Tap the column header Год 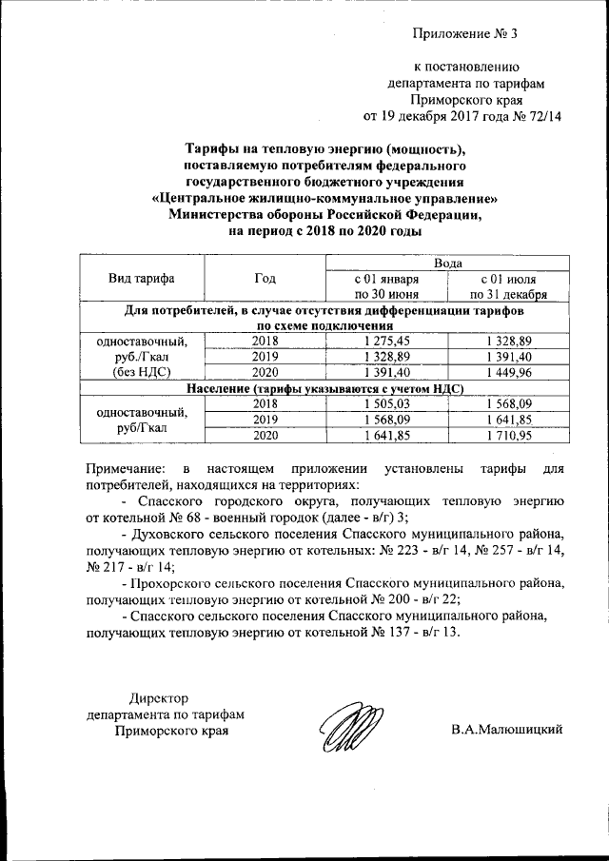[265, 279]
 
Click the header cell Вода [449, 263]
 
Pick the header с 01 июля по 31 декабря [511, 287]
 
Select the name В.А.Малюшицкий [507, 730]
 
